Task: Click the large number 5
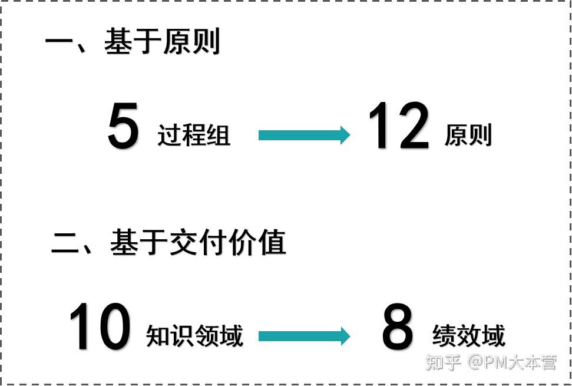124,126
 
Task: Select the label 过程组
194,136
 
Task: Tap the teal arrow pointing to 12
304,136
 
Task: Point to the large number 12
398,126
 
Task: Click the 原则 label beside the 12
468,136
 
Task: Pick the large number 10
100,326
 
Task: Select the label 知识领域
194,336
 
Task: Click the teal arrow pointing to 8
304,336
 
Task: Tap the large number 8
398,328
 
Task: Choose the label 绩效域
469,336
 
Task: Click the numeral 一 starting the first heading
59,43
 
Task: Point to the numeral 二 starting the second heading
66,243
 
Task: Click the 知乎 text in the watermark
443,362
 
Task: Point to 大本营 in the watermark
533,362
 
